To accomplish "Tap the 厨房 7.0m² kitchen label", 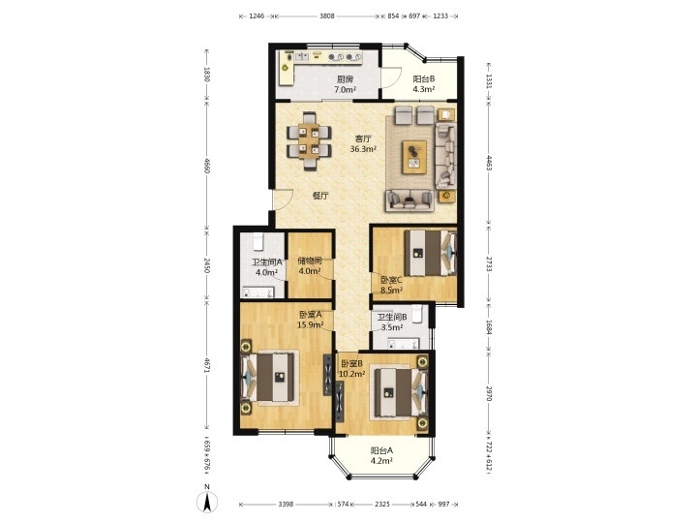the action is tap(346, 84).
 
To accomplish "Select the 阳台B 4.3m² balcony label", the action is tap(424, 84).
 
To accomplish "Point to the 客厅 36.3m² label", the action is tap(363, 144).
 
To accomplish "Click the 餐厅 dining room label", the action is tap(320, 196).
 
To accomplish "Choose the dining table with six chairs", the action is tap(309, 141).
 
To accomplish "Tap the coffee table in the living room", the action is tap(414, 157).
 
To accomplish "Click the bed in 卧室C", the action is tap(430, 253).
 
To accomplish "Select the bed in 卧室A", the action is tap(268, 377).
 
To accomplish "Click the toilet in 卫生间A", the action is tap(258, 241).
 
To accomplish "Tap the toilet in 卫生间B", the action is tap(416, 314).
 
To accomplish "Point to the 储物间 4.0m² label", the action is tap(310, 266).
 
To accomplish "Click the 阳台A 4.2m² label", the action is tap(381, 455).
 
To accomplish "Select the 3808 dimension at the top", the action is tap(327, 16).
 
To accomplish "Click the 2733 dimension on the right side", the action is tap(489, 264).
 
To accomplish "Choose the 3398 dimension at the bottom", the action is tap(286, 505).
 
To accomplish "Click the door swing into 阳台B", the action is tap(392, 77).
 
